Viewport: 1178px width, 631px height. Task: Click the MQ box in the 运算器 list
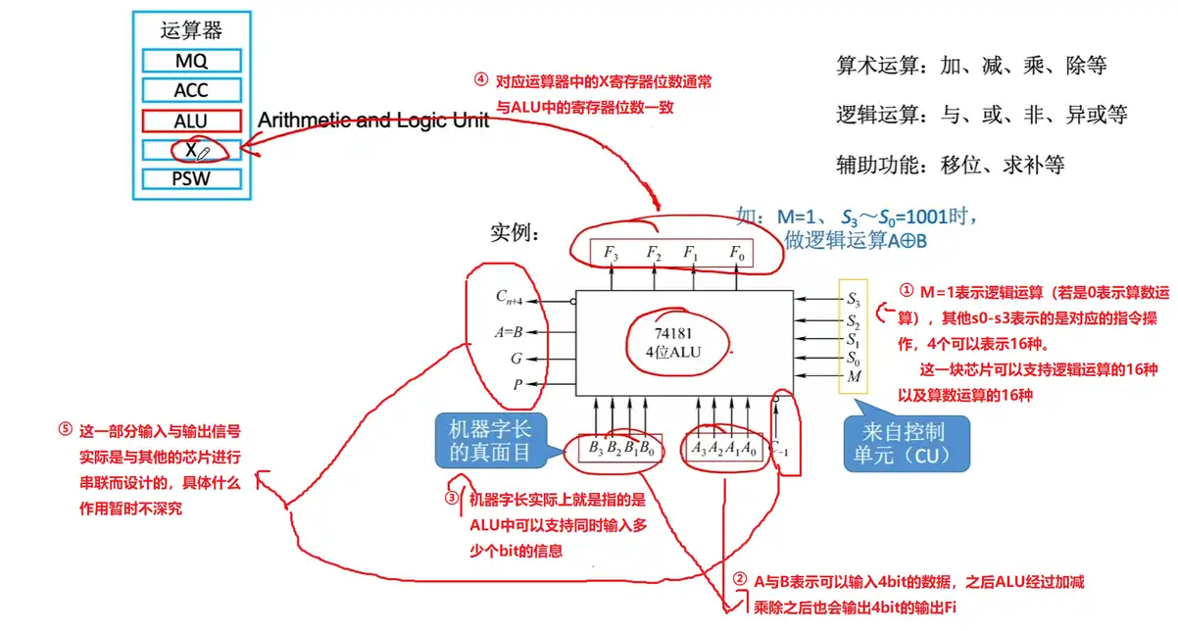point(191,61)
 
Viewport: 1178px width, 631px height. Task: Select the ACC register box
point(191,91)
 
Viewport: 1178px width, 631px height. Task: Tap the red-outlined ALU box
point(191,121)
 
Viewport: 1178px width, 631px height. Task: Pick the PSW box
point(191,179)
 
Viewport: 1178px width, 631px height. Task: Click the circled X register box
point(191,150)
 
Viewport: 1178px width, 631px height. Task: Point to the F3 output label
point(611,253)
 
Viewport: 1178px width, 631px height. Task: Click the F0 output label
point(737,253)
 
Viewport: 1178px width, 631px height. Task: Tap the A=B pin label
point(511,330)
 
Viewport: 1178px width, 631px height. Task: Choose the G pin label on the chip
point(516,359)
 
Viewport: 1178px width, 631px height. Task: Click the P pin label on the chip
point(517,385)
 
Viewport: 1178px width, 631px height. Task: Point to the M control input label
point(854,377)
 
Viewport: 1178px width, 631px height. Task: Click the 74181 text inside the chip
point(673,332)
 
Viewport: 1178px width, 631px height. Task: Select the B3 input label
point(596,449)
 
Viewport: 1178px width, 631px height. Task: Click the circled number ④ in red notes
point(480,81)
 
